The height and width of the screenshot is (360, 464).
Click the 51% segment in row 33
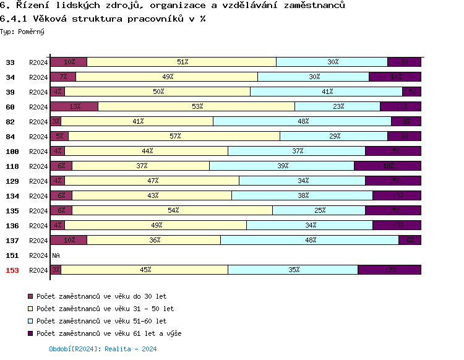(182, 62)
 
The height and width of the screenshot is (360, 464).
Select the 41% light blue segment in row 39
(327, 92)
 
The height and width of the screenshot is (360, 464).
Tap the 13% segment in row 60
(74, 106)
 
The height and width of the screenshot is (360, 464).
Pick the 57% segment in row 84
(174, 136)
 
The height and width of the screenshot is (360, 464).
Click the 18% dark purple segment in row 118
(387, 166)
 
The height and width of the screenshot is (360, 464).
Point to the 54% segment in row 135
(173, 210)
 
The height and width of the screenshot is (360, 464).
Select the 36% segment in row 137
(154, 240)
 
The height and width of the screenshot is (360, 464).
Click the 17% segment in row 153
(389, 270)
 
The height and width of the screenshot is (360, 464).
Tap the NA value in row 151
(56, 255)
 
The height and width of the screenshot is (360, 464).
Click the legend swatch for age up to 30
(31, 296)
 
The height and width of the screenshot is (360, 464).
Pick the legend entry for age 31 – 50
(105, 309)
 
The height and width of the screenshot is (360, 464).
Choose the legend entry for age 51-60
(101, 321)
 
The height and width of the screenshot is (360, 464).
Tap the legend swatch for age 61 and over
(31, 333)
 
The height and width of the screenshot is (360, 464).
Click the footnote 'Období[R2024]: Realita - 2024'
(103, 349)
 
